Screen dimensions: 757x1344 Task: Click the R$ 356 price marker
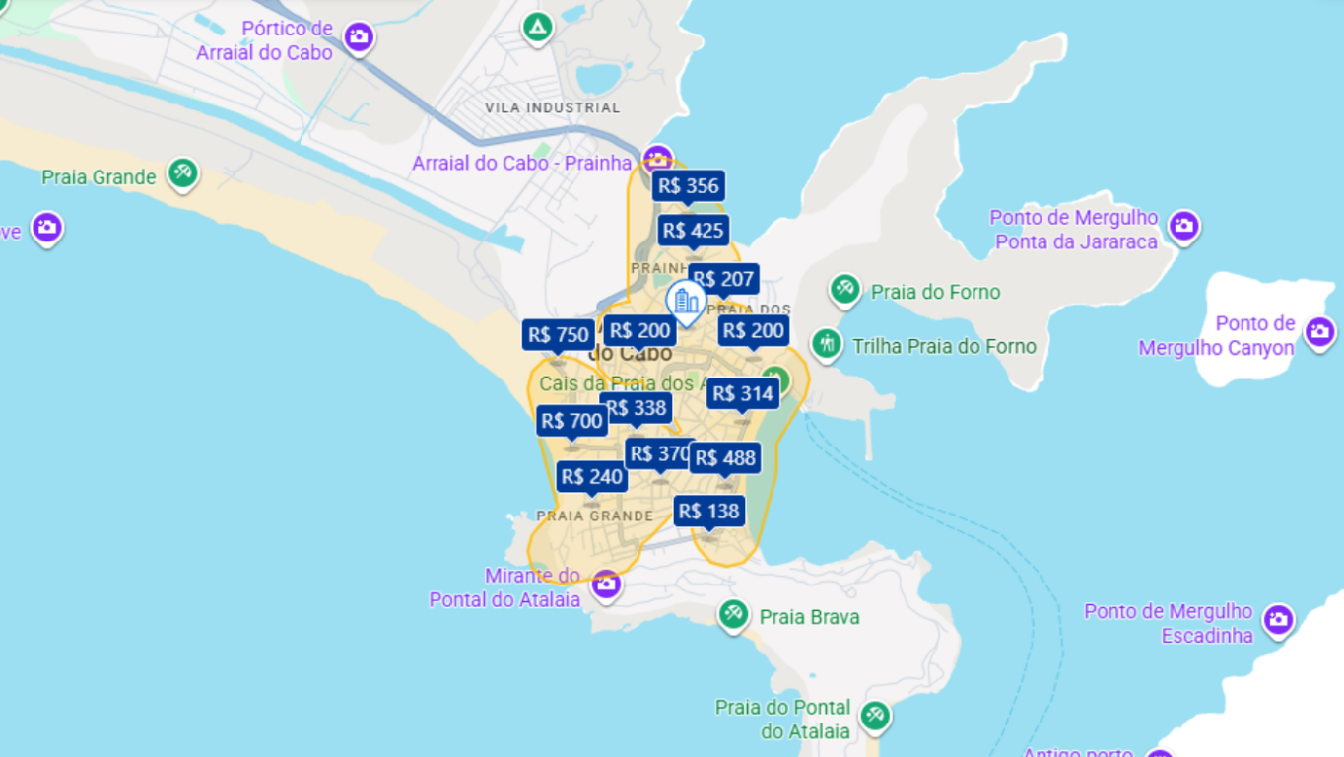[x=688, y=185]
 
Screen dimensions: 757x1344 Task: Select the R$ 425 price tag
[x=693, y=231]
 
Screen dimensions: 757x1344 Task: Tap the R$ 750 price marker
[x=559, y=335]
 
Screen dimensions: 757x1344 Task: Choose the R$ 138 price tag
[x=708, y=511]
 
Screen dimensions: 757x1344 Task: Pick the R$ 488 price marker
[x=725, y=458]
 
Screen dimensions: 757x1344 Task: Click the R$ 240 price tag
[x=591, y=477]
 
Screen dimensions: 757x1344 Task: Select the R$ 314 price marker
[x=743, y=394]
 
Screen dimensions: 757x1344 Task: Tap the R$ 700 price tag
[x=571, y=421]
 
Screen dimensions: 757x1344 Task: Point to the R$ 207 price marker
[x=724, y=279]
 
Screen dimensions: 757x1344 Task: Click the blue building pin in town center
[x=686, y=301]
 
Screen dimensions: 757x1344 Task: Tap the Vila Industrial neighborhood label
[x=552, y=107]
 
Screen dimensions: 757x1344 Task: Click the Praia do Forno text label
[x=935, y=292]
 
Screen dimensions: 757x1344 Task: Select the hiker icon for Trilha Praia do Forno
[x=826, y=344]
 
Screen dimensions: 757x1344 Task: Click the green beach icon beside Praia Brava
[x=732, y=615]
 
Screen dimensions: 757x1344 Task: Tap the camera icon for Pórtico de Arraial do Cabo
[x=359, y=37]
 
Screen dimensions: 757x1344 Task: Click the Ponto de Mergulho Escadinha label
[x=1168, y=623]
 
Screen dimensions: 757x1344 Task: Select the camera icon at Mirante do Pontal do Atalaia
[x=606, y=585]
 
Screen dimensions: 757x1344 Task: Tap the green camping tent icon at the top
[x=538, y=28]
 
